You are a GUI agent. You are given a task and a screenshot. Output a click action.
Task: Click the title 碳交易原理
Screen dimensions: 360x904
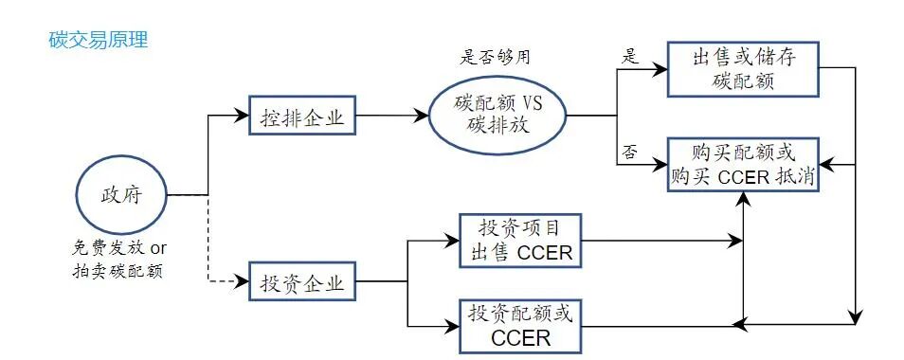tap(98, 41)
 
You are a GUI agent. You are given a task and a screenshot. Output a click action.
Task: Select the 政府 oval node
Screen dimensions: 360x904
tap(120, 196)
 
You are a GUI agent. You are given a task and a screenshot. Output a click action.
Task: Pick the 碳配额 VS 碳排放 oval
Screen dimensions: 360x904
tap(497, 117)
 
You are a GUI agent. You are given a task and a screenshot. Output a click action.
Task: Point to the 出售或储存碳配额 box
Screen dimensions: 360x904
tap(743, 69)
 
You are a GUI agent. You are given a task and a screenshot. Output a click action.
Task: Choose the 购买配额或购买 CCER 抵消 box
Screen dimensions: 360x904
tap(743, 164)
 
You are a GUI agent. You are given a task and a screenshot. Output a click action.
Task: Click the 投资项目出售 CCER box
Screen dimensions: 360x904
tap(517, 241)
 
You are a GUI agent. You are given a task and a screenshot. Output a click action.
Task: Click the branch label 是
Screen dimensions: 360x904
tap(629, 55)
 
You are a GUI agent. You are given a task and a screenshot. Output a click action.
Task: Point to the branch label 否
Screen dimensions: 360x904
tap(629, 152)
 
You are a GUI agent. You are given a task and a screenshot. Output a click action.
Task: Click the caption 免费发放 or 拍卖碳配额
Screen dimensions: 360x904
tap(120, 261)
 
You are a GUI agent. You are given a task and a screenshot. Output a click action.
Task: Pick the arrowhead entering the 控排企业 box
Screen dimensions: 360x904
tap(243, 118)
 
